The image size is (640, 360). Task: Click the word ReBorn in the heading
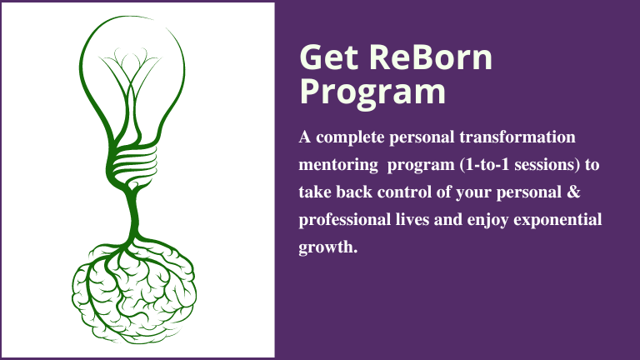tap(431, 57)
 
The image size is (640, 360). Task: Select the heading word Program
tap(372, 92)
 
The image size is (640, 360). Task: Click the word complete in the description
tap(350, 138)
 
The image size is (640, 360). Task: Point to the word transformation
tap(517, 137)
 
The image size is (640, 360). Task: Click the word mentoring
tap(338, 165)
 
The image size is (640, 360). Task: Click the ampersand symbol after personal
tap(573, 192)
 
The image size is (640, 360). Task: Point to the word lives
tap(412, 220)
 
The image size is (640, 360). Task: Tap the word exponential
tap(557, 220)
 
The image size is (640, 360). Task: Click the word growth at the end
tap(325, 247)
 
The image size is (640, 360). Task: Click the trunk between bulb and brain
tap(132, 214)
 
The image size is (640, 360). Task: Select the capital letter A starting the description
tap(305, 137)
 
